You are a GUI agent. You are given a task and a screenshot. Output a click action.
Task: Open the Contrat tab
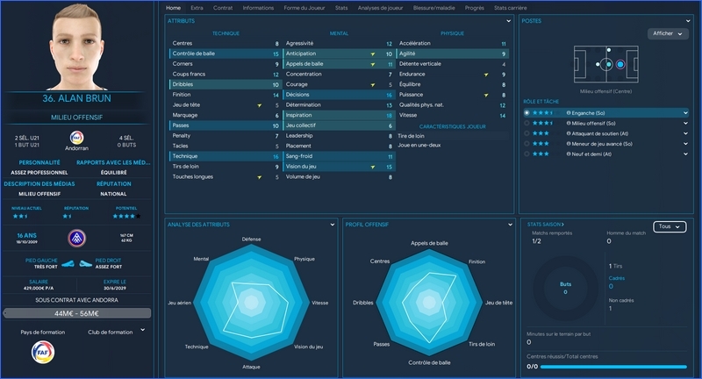(x=223, y=8)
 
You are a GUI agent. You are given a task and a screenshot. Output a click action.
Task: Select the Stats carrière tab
(x=510, y=8)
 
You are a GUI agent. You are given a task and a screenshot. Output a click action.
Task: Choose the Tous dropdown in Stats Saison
(x=669, y=226)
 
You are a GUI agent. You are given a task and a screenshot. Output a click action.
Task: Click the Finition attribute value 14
(x=276, y=94)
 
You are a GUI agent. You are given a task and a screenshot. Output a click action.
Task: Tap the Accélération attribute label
(x=415, y=43)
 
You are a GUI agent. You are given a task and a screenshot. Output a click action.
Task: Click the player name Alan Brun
(x=83, y=97)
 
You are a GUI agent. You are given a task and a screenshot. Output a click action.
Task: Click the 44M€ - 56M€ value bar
(x=82, y=312)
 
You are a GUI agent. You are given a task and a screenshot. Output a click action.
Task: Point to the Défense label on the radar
(x=251, y=239)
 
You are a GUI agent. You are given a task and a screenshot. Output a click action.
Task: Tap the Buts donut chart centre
(x=564, y=288)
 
